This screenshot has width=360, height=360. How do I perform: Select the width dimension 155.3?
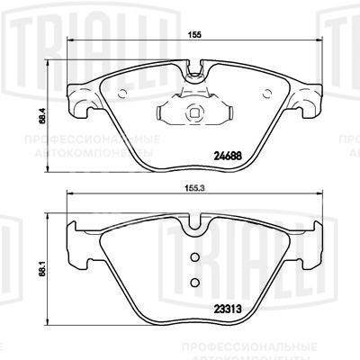(193, 191)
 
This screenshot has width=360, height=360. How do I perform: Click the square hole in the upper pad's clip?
(193, 114)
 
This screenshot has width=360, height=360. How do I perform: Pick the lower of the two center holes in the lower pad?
(193, 280)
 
